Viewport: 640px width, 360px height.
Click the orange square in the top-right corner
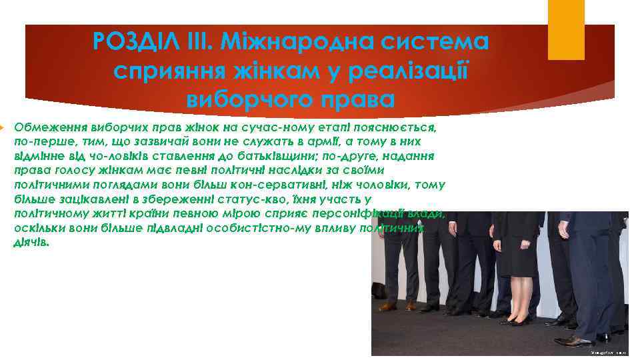566,30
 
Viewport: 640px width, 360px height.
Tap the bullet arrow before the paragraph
3,127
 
